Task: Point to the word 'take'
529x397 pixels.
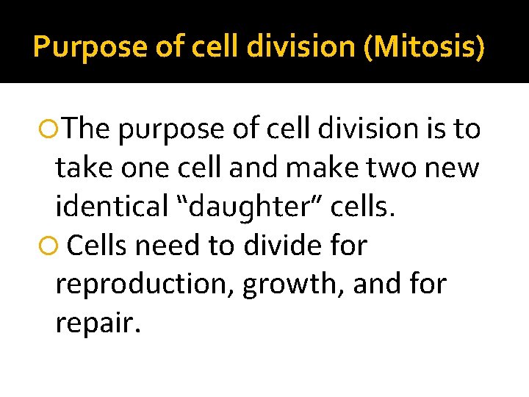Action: pyautogui.click(x=81, y=169)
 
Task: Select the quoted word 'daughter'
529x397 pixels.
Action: pyautogui.click(x=250, y=208)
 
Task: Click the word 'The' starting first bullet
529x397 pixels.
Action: pyautogui.click(x=86, y=129)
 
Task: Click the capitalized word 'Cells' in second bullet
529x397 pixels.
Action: pyautogui.click(x=100, y=246)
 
